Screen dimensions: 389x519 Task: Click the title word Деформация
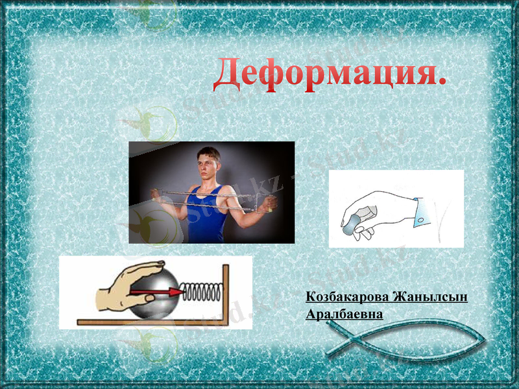[x=324, y=73]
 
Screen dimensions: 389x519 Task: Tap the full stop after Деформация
[x=442, y=82]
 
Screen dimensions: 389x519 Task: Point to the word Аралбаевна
[x=344, y=314]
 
